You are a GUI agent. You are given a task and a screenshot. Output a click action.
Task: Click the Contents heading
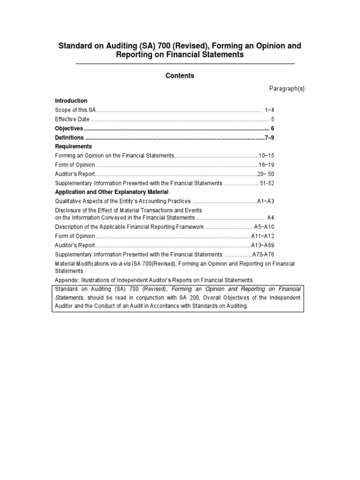click(180, 75)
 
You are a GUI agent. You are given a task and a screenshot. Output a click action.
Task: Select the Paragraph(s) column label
click(286, 89)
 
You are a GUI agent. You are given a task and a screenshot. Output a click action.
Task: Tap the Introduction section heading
click(71, 101)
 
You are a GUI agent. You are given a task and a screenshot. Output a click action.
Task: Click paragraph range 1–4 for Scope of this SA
click(269, 110)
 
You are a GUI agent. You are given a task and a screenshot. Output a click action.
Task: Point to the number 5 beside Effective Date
click(272, 119)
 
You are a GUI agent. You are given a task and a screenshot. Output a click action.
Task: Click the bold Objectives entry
click(69, 128)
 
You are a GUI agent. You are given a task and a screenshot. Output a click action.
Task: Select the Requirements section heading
click(73, 146)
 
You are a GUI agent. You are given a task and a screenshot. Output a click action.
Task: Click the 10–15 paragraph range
click(266, 156)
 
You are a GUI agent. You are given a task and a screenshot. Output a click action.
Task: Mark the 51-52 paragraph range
click(265, 183)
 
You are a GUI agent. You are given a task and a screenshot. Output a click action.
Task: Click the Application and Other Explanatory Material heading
click(112, 192)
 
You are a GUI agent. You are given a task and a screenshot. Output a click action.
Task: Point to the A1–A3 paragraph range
click(265, 202)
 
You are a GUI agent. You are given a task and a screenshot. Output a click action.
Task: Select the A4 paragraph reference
click(270, 217)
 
